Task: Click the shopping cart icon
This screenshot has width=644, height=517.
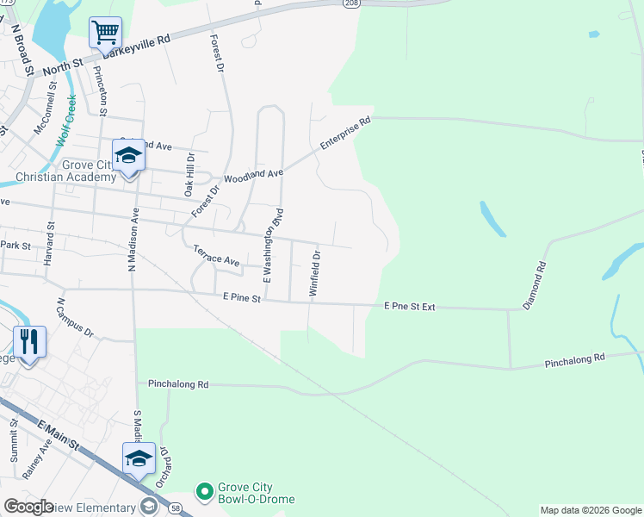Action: coord(105,33)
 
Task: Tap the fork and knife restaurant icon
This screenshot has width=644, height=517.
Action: coord(30,342)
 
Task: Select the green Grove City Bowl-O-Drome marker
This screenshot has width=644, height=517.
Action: coord(205,492)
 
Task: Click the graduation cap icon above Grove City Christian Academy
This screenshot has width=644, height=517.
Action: coord(129,156)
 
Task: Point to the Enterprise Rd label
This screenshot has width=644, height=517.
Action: coord(344,134)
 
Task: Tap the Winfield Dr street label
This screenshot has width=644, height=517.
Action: coord(315,274)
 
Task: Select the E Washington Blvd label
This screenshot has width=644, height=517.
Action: coord(273,246)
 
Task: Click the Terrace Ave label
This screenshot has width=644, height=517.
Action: coord(215,255)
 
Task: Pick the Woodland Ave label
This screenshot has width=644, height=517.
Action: coord(253,177)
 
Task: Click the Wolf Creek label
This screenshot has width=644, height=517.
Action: coord(66,120)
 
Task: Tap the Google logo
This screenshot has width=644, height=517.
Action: coord(28,507)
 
